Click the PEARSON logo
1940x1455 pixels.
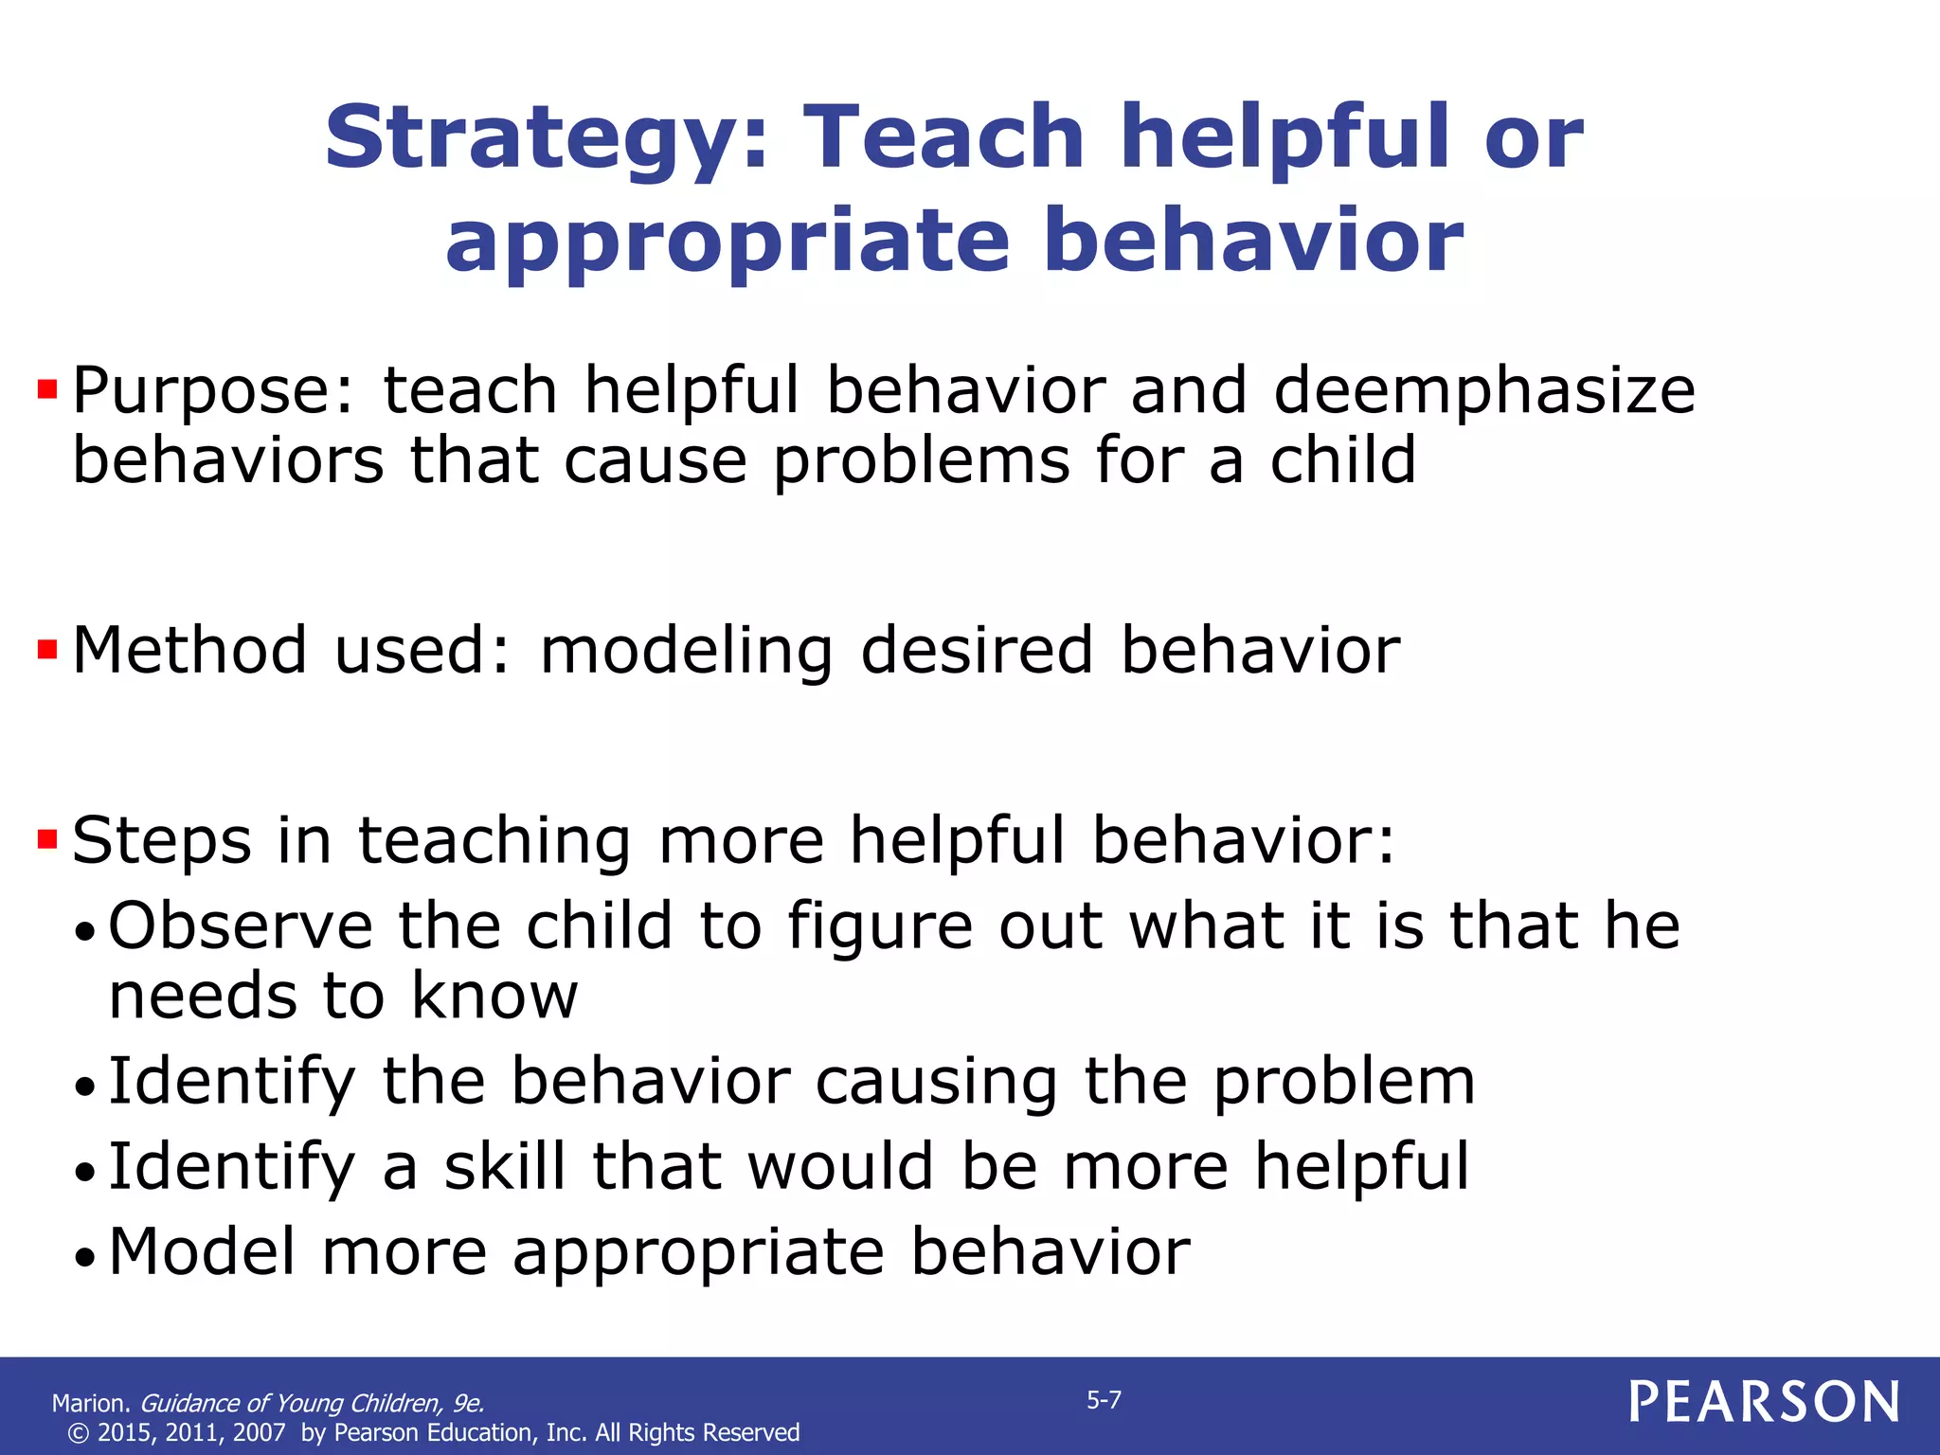(x=1764, y=1402)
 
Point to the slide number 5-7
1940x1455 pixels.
(x=1104, y=1400)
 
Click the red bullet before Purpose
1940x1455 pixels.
(x=47, y=389)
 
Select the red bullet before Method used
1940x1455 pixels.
(x=47, y=650)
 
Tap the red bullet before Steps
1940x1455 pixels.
(x=47, y=839)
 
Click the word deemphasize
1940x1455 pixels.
(x=1483, y=391)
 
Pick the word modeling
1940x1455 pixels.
(x=686, y=652)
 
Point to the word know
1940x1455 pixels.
(x=494, y=997)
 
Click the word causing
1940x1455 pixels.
(x=936, y=1082)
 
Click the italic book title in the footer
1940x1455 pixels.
(x=312, y=1403)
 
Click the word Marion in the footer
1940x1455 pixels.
(x=90, y=1403)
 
